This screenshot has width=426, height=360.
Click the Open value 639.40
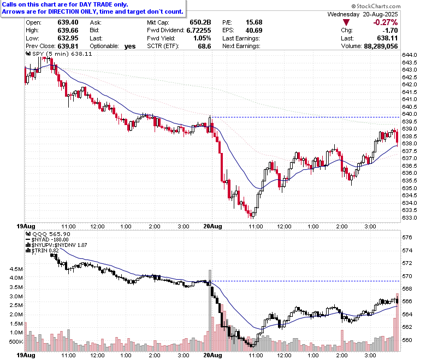(x=68, y=22)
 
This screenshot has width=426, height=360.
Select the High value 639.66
(x=68, y=30)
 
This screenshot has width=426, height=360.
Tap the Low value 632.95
(x=68, y=38)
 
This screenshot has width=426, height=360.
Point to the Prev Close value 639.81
(x=68, y=46)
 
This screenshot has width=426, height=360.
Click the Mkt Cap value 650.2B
(x=200, y=22)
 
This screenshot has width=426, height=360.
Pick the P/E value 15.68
(x=254, y=22)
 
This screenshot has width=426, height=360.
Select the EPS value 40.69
(x=254, y=30)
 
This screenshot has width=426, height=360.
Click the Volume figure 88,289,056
(x=381, y=46)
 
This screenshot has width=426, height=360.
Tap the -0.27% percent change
(x=386, y=22)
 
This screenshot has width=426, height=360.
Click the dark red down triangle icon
(x=346, y=22)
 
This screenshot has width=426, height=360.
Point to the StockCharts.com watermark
(x=376, y=6)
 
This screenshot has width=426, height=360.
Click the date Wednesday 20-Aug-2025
(x=363, y=14)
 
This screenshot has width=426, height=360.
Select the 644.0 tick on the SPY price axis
(x=410, y=55)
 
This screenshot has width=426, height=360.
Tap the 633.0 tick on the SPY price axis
(x=410, y=217)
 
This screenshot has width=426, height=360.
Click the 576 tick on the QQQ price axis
(x=407, y=237)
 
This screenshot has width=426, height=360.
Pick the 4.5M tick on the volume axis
(x=16, y=269)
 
